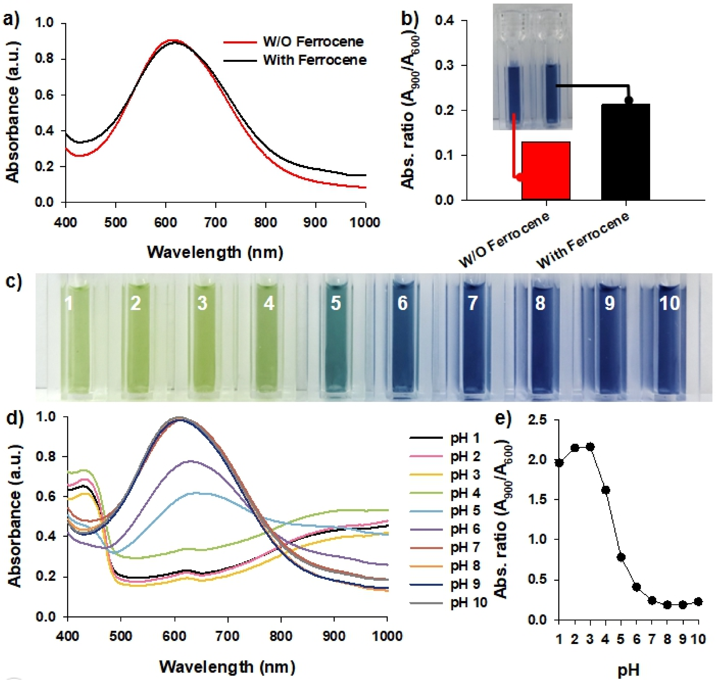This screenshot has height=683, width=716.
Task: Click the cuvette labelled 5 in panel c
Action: (335, 339)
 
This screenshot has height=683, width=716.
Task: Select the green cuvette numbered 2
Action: (136, 339)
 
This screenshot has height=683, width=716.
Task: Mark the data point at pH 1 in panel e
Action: (559, 463)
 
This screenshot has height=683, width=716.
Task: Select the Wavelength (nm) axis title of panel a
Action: (215, 252)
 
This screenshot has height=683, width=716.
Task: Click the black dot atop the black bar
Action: (628, 100)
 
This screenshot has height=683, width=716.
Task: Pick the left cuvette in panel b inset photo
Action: (513, 95)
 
